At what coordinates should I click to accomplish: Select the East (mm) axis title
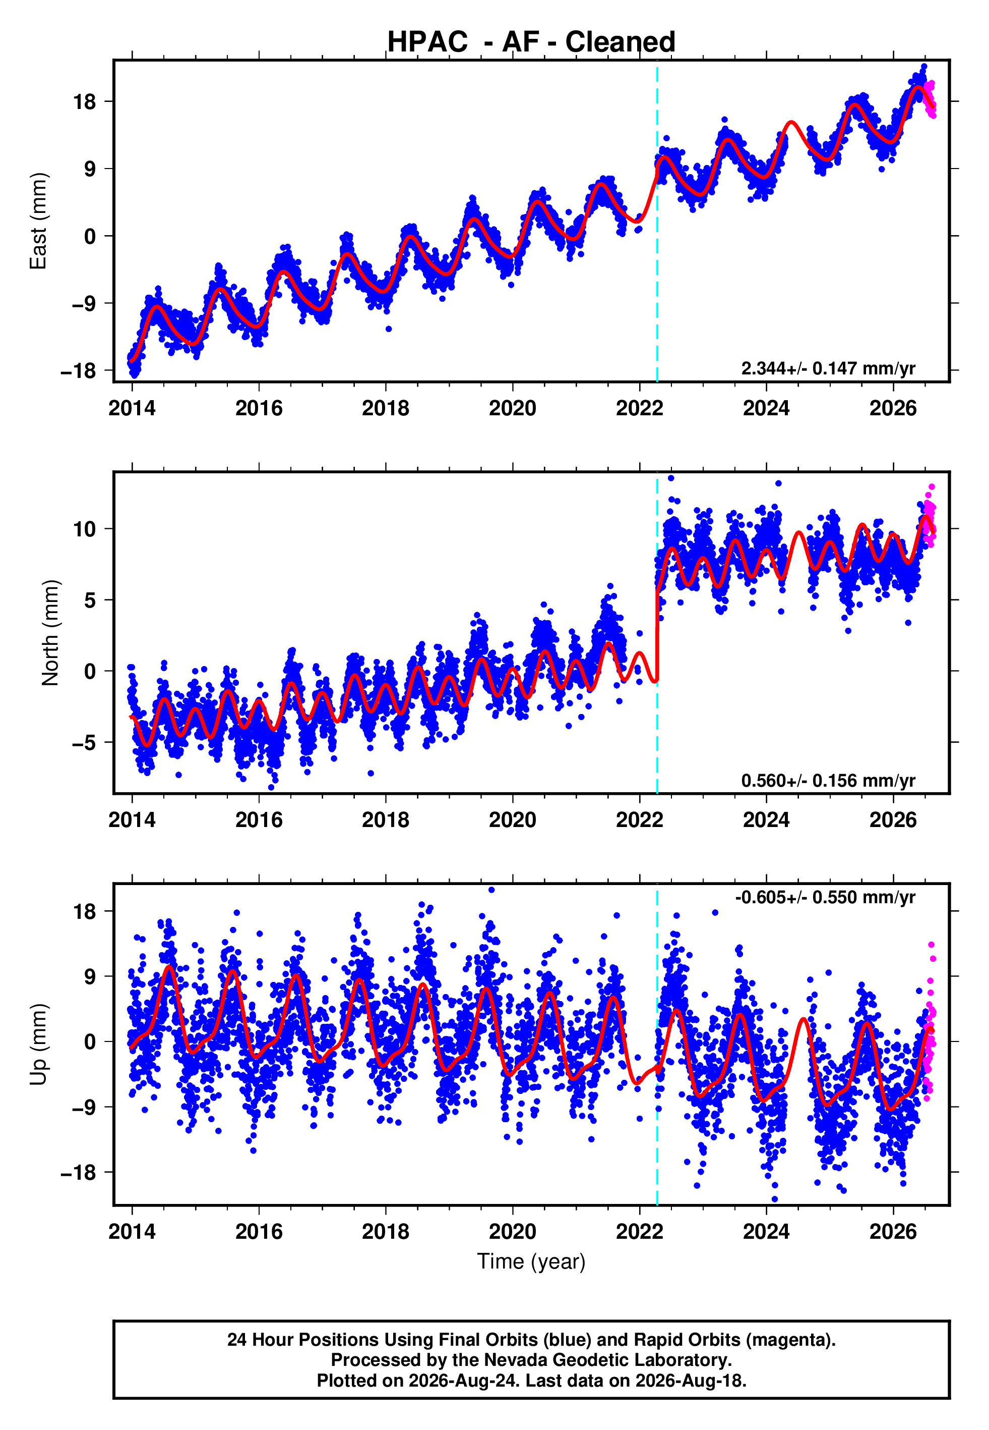tap(38, 221)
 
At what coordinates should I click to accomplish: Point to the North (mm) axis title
tap(50, 633)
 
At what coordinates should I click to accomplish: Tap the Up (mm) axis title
tap(38, 1044)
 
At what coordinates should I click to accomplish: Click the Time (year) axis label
tap(531, 1261)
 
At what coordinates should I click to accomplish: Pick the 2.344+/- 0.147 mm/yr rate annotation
tap(828, 368)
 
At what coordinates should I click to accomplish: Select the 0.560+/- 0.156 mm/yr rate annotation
tap(828, 780)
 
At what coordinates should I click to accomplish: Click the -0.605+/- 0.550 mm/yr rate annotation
tap(825, 897)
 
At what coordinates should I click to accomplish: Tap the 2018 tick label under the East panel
tap(386, 408)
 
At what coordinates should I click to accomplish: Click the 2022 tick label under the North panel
tap(640, 820)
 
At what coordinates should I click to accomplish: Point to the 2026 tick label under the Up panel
tap(893, 1232)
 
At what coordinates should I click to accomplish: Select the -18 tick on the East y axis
tap(79, 371)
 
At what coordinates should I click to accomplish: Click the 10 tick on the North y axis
tap(85, 529)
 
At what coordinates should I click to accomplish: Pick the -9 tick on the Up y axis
tap(85, 1107)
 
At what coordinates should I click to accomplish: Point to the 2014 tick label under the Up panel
tap(132, 1232)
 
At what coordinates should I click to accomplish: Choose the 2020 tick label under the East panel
tap(513, 408)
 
